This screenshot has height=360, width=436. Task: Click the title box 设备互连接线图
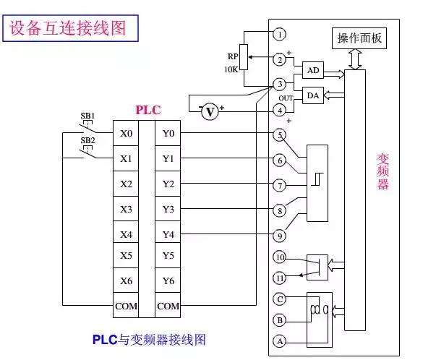(x=68, y=28)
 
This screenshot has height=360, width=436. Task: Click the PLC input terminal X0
(x=126, y=134)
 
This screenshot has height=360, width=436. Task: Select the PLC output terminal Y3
(x=168, y=209)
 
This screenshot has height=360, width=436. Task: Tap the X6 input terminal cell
(x=126, y=280)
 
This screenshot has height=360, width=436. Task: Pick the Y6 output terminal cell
(x=168, y=280)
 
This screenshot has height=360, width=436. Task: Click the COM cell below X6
(x=126, y=306)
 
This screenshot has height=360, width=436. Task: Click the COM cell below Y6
(x=168, y=306)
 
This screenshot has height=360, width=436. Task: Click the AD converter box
(x=312, y=70)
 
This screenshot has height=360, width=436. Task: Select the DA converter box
(x=312, y=96)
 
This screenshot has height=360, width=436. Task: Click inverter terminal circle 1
(x=280, y=33)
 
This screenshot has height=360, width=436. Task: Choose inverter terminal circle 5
(x=280, y=134)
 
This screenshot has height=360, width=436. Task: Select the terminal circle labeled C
(x=280, y=298)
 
